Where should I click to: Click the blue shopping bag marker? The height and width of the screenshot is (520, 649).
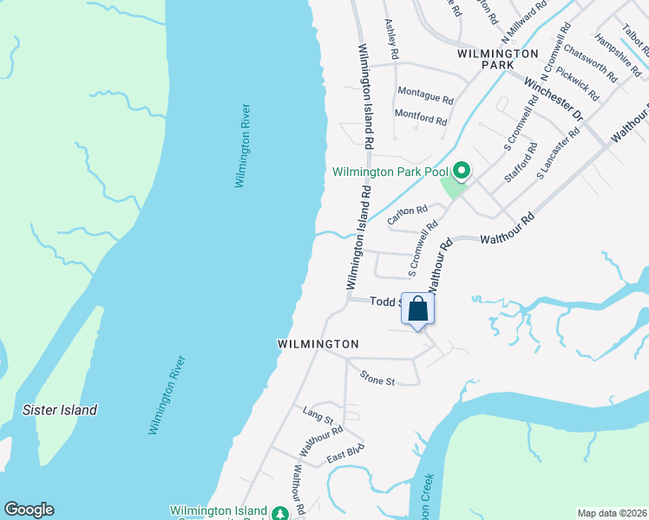coord(417,309)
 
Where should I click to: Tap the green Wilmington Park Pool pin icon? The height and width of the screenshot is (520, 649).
coord(462,171)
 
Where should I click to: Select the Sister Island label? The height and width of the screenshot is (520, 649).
coord(60,410)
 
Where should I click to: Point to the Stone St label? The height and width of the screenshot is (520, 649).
coord(377,379)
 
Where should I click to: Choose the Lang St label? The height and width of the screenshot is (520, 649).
coord(318,413)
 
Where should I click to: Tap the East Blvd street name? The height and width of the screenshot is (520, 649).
coord(345,452)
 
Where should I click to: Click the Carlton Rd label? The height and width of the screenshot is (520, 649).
coord(408,215)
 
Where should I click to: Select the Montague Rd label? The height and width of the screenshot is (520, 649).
coord(425,91)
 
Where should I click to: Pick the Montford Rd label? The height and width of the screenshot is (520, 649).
coord(425,114)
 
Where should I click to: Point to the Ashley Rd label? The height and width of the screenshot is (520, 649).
coord(391,40)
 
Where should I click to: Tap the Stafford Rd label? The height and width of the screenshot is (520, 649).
coord(519,162)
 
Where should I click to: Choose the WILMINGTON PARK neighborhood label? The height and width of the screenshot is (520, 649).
coord(499,59)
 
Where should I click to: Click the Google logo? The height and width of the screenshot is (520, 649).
coord(29,510)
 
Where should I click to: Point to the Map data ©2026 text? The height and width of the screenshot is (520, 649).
coord(612,513)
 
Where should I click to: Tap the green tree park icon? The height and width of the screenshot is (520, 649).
coord(280,513)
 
